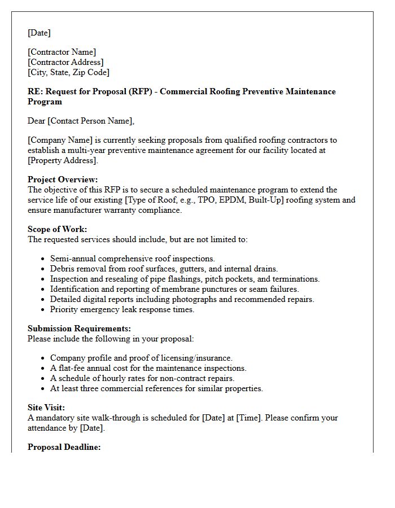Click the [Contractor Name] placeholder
(62, 52)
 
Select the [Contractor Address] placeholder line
(65, 62)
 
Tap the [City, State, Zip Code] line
(68, 72)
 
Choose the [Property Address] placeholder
(62, 160)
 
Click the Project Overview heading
(63, 179)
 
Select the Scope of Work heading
(57, 229)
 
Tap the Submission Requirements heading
(79, 329)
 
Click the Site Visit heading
(46, 408)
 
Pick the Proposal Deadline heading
(64, 447)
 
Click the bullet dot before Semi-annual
(43, 259)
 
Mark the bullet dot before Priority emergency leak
(43, 310)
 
